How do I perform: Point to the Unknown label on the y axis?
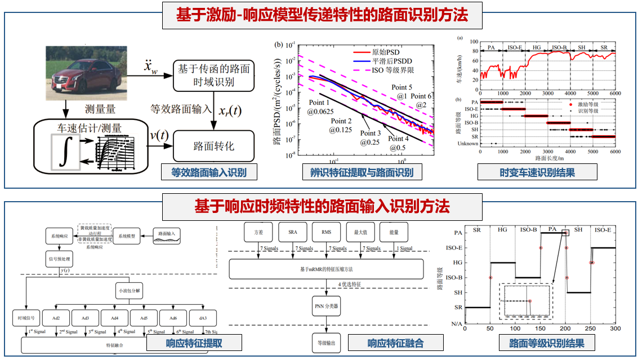[x=469, y=143]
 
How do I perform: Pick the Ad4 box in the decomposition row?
[x=115, y=318]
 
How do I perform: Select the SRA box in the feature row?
[x=293, y=232]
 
